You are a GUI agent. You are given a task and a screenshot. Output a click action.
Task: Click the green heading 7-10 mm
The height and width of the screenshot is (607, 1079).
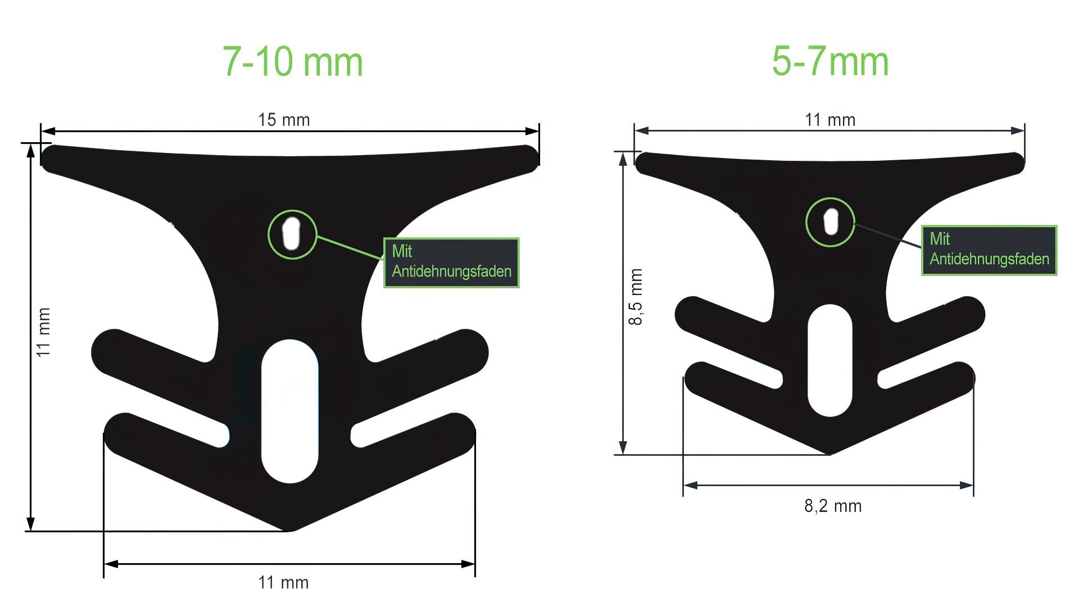click(x=293, y=62)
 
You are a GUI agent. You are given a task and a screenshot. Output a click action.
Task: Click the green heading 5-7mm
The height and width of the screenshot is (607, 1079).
click(x=830, y=61)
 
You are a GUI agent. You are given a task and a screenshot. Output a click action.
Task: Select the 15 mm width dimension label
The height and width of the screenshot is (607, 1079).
click(x=284, y=120)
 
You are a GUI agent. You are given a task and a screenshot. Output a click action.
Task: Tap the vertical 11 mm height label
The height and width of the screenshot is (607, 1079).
click(x=43, y=332)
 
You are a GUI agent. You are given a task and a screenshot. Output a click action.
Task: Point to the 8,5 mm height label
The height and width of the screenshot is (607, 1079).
click(x=635, y=297)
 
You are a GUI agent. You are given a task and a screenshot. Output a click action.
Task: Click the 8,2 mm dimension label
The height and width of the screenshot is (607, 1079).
click(x=833, y=506)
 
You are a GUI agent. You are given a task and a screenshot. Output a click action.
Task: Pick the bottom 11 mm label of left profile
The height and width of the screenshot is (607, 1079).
click(x=283, y=582)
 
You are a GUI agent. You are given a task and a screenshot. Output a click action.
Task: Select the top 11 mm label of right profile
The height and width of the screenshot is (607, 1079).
click(x=830, y=120)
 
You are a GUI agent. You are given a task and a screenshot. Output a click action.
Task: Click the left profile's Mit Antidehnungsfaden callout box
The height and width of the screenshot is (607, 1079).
click(x=451, y=262)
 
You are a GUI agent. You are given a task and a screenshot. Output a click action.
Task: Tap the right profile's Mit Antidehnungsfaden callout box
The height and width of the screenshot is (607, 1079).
click(x=989, y=250)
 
